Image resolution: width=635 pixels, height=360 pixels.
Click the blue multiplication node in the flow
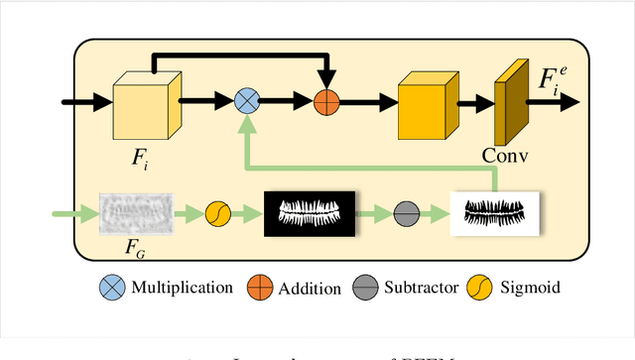click(x=246, y=99)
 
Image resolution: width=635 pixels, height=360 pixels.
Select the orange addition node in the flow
click(x=326, y=100)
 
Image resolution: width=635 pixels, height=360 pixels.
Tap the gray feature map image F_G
click(x=135, y=210)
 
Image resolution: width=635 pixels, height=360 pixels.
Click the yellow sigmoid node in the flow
click(x=218, y=212)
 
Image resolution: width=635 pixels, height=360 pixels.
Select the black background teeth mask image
click(x=309, y=212)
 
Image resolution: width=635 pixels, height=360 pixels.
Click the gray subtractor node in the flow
click(x=405, y=212)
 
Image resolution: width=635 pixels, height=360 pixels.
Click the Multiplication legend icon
click(x=110, y=288)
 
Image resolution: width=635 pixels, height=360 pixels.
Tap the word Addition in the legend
click(x=310, y=289)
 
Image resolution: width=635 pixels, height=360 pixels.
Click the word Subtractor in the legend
click(x=423, y=289)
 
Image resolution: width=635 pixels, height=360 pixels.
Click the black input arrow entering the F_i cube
click(x=84, y=100)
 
